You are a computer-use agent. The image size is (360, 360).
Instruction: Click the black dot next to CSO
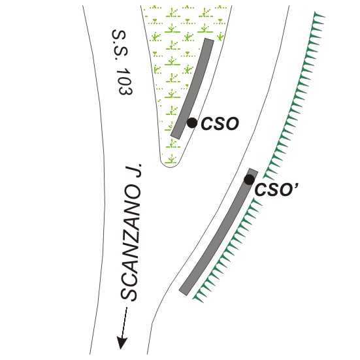[192, 123]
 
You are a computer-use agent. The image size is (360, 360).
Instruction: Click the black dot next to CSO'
[249, 180]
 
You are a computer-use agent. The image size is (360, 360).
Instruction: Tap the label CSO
[220, 123]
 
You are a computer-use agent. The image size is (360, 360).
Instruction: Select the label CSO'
[276, 190]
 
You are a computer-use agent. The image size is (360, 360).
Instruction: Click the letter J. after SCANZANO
[133, 171]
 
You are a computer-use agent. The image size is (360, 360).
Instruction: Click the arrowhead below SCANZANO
[122, 342]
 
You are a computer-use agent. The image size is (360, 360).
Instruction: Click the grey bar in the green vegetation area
[193, 88]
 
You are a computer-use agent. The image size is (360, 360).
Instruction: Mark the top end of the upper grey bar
[209, 40]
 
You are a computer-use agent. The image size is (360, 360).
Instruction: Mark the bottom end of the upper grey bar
[176, 137]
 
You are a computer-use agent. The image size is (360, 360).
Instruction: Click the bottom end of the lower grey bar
[184, 293]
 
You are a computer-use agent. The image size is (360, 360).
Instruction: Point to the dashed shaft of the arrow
[124, 322]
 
